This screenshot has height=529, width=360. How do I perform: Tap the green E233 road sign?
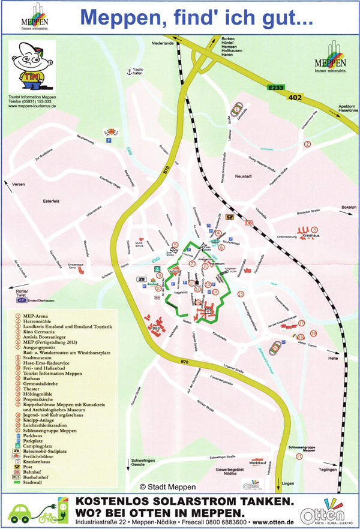[275, 88]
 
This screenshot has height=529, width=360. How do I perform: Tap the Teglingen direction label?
[329, 469]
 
